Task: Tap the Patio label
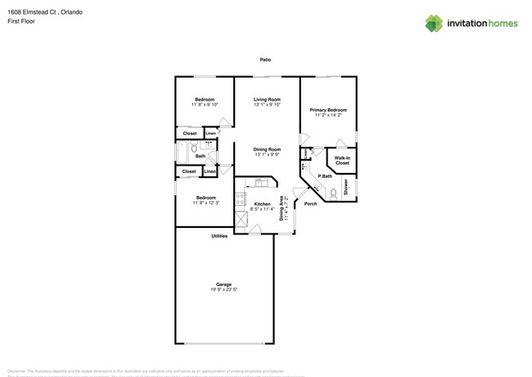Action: (x=265, y=60)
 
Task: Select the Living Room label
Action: (x=267, y=99)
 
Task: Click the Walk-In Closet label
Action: (x=342, y=160)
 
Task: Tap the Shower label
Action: (x=345, y=188)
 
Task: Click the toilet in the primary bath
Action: (x=333, y=193)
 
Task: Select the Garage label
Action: (x=223, y=284)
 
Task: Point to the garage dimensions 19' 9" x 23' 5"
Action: (x=223, y=289)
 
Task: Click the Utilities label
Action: (x=219, y=236)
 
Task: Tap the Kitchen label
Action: (x=262, y=204)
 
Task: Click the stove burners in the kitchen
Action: (x=241, y=198)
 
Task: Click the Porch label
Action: (x=310, y=204)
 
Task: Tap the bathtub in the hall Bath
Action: (x=182, y=153)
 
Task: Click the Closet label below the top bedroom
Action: (x=190, y=133)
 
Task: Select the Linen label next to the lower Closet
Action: (x=210, y=171)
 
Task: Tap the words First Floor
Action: (x=19, y=22)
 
